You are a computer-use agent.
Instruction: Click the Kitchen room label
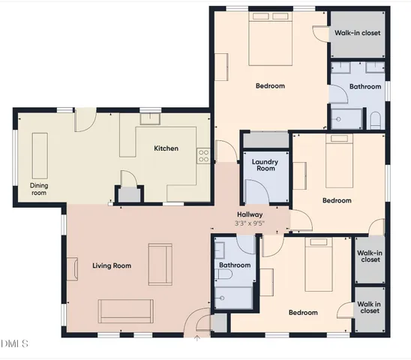pos(166,148)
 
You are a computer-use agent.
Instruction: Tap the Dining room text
pos(38,189)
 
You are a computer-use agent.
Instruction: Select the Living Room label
pos(112,265)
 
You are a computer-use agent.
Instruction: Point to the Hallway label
pos(249,214)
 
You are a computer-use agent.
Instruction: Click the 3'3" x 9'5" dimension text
pos(250,223)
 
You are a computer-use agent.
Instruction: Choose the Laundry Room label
pos(265,165)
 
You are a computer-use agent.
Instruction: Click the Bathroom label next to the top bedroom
pos(365,86)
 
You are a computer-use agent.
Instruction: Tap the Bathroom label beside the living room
pos(234,265)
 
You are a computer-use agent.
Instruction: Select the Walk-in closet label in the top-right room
pos(356,33)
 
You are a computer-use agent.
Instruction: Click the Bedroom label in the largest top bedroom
pos(270,86)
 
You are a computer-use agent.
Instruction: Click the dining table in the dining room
pos(39,153)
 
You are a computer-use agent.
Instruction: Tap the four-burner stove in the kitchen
pos(202,156)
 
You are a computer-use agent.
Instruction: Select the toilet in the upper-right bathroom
pos(375,120)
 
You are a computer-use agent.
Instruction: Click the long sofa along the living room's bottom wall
pos(126,309)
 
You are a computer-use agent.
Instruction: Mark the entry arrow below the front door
pos(197,338)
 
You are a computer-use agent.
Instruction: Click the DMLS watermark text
pos(15,344)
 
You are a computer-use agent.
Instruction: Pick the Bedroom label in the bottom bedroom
pos(303,313)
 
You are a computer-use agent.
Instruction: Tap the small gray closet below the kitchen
pos(130,195)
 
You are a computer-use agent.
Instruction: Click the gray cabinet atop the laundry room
pos(265,140)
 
